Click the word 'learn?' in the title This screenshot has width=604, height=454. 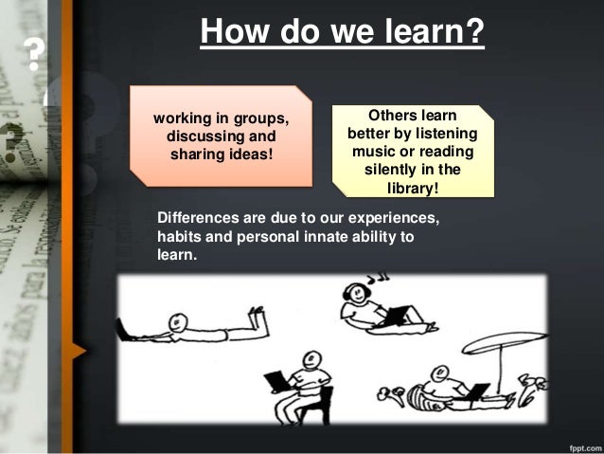coord(431,34)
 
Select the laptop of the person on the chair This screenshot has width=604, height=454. coord(276,381)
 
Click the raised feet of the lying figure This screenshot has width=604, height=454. coord(258,318)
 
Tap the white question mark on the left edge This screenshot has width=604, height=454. coord(36,56)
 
